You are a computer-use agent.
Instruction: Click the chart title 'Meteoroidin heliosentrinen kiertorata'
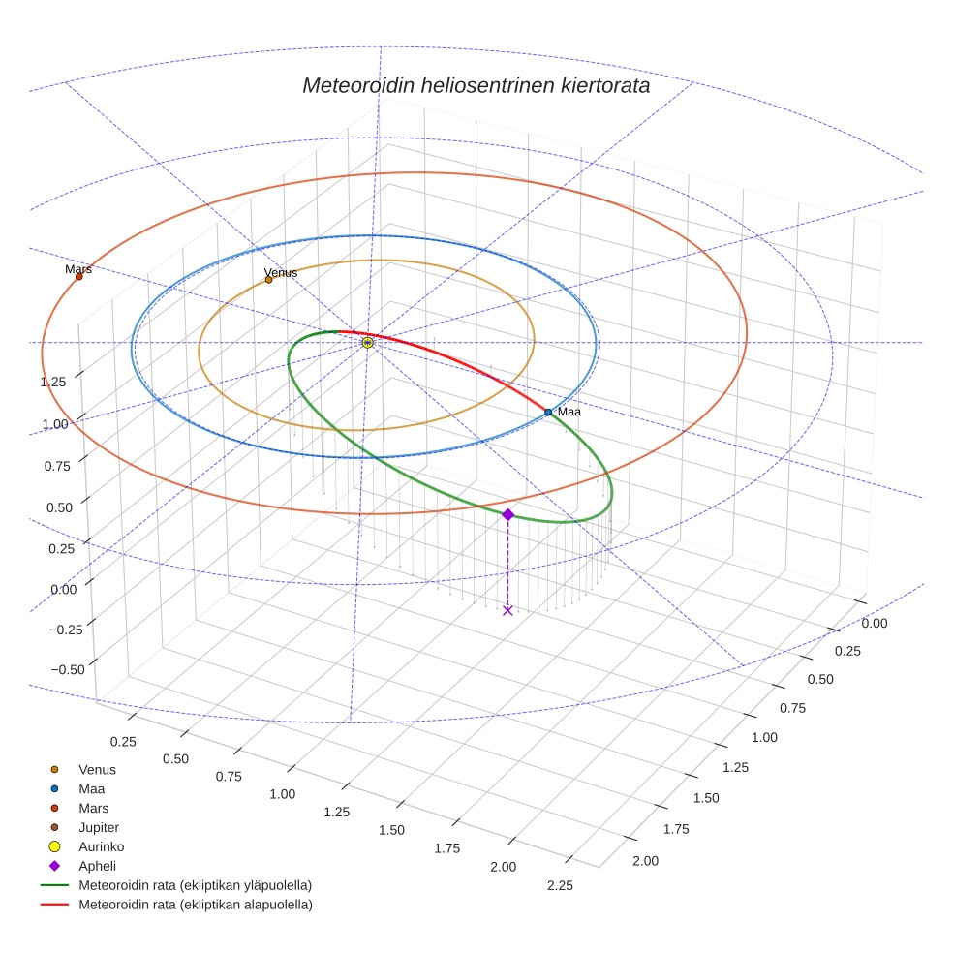476,85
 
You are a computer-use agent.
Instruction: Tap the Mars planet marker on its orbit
79,276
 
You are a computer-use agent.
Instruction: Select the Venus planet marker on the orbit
269,280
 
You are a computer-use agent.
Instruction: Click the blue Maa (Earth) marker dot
548,412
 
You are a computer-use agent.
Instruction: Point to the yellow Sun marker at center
367,342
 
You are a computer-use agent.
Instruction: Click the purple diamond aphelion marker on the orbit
507,514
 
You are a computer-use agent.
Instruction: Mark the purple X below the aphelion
507,610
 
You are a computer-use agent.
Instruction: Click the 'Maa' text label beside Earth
569,412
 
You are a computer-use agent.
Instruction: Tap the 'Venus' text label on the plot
281,272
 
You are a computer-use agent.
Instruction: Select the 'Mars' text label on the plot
78,268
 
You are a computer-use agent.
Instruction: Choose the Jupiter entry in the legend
98,827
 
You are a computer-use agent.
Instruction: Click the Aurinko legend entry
101,846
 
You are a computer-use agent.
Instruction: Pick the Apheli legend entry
96,866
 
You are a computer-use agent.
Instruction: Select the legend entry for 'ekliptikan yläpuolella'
195,885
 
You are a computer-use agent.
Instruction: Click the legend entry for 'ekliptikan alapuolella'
195,905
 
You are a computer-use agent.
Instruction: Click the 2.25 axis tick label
560,885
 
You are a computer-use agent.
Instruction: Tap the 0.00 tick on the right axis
875,624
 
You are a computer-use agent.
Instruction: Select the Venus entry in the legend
97,769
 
